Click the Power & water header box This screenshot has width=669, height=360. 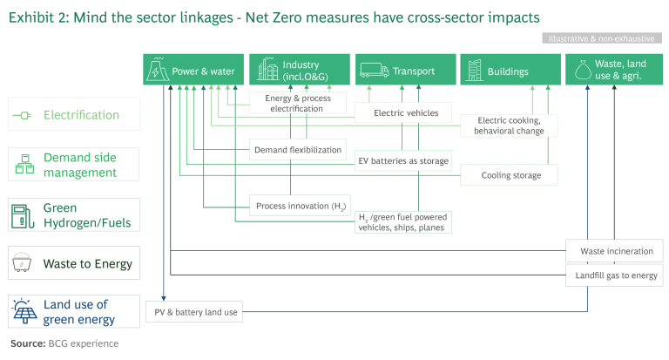[x=193, y=71]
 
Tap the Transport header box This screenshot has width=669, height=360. [x=405, y=71]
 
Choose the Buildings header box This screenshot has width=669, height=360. [x=510, y=71]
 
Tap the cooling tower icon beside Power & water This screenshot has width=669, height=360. [x=158, y=71]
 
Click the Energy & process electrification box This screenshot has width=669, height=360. [x=297, y=105]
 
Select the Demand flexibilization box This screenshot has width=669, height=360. [x=297, y=150]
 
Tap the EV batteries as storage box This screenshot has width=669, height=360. [x=404, y=161]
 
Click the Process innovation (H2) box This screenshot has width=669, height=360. [x=297, y=207]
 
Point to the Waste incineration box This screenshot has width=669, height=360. [x=616, y=251]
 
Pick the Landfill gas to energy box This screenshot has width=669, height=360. [x=616, y=275]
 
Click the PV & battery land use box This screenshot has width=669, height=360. [x=193, y=311]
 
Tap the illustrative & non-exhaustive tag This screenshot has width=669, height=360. [x=601, y=39]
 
